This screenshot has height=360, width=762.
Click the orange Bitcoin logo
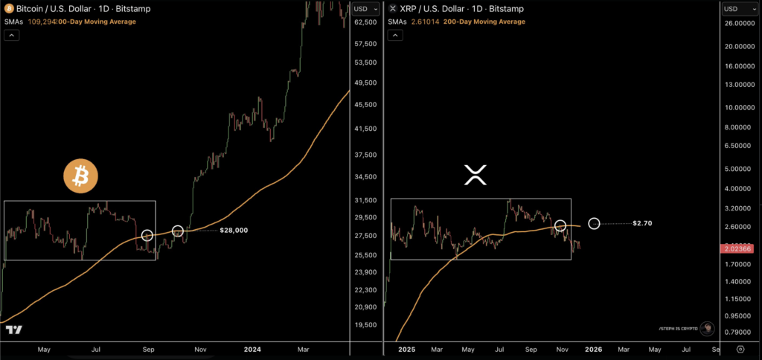tap(80, 176)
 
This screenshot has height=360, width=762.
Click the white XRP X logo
tap(475, 176)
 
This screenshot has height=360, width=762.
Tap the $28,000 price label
tap(234, 231)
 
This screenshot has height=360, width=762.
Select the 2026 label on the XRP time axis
tap(593, 348)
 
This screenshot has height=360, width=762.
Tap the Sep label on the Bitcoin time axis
tap(149, 348)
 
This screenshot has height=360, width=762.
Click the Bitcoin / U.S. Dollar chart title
tap(56, 9)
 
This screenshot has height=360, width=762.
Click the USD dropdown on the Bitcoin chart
tap(365, 9)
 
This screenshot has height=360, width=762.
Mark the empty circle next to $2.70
tap(594, 223)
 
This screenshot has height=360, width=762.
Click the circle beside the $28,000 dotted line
tap(178, 231)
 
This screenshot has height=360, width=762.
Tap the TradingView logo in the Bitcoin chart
tap(13, 330)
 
